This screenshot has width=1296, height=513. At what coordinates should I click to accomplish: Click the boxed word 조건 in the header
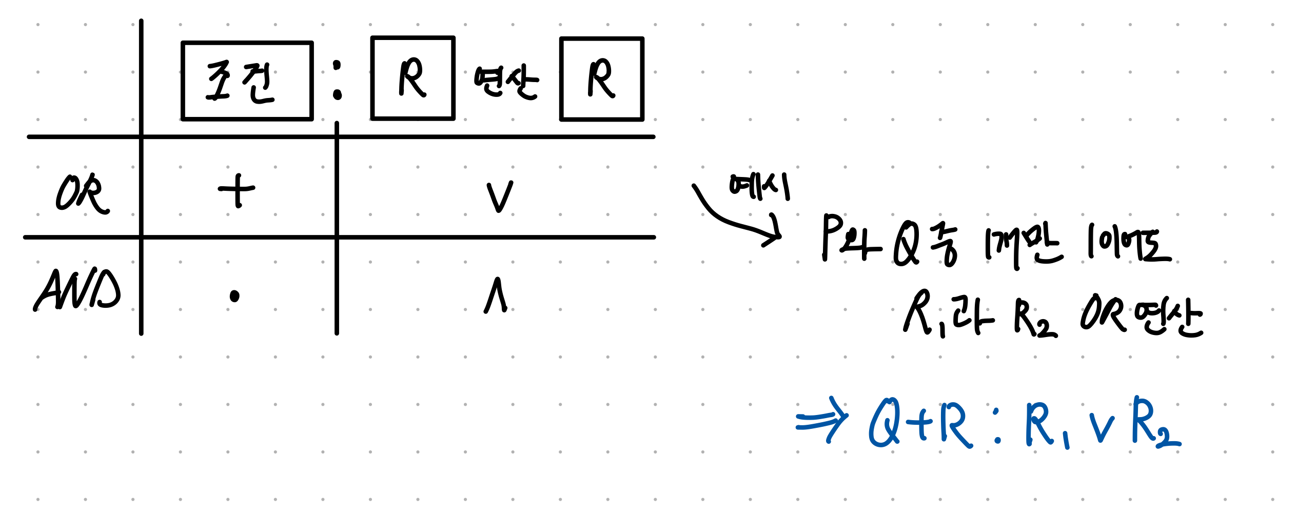point(247,81)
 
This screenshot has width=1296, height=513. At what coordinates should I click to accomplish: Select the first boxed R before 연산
point(413,78)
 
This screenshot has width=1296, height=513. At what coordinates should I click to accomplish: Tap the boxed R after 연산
point(601,78)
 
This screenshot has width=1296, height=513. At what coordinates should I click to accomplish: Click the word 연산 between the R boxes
point(506,82)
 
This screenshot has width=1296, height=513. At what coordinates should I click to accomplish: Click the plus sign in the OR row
point(237,190)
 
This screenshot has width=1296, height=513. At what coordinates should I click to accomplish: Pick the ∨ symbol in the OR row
point(499,196)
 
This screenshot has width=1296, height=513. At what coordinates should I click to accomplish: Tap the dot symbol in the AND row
point(234,296)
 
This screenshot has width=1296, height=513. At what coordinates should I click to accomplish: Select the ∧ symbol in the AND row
point(496,295)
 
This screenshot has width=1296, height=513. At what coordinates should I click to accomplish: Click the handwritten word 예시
point(759,186)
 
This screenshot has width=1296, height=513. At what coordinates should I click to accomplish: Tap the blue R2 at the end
point(1154,423)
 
